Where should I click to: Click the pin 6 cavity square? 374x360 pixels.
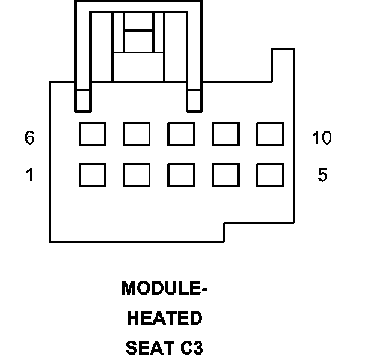click(x=92, y=134)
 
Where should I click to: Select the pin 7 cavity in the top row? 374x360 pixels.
click(x=137, y=134)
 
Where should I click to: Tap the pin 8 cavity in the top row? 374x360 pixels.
click(x=181, y=134)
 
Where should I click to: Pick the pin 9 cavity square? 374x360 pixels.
click(x=225, y=134)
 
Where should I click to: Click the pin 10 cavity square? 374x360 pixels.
click(x=270, y=134)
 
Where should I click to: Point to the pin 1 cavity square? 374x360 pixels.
click(x=92, y=175)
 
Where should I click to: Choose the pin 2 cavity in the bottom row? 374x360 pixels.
click(x=137, y=175)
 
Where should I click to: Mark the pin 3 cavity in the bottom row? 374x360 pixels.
click(x=181, y=175)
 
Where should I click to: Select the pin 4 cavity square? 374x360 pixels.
click(x=225, y=175)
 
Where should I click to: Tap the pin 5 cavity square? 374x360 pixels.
click(x=270, y=175)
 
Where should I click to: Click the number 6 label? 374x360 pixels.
click(x=29, y=138)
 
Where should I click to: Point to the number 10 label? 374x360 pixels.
click(x=322, y=138)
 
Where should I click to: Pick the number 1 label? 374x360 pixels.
click(x=29, y=176)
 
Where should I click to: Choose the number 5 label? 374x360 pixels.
click(x=322, y=176)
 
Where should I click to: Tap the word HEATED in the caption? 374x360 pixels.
click(x=165, y=318)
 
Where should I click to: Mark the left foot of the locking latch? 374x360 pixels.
click(x=83, y=100)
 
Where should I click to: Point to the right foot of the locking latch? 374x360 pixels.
click(x=194, y=100)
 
